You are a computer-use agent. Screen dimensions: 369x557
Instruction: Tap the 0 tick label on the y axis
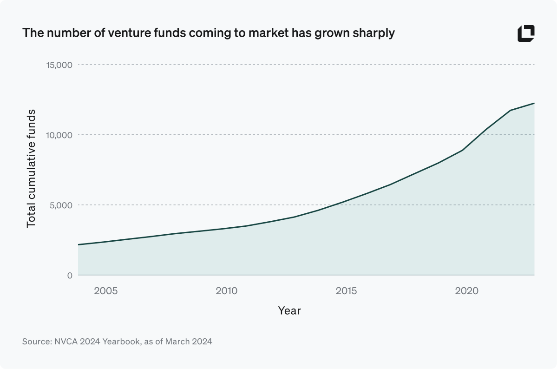(x=69, y=275)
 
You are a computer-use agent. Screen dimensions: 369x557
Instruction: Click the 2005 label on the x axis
(x=105, y=291)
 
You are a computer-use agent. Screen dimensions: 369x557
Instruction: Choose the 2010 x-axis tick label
(x=226, y=291)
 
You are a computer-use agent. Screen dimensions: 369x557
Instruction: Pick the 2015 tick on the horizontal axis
(x=346, y=291)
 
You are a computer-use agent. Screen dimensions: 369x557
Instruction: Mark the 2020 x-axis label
(x=466, y=291)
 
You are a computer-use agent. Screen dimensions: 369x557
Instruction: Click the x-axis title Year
(x=289, y=311)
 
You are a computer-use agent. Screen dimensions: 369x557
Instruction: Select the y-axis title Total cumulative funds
(x=31, y=169)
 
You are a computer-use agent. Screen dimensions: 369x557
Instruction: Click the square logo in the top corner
(x=526, y=33)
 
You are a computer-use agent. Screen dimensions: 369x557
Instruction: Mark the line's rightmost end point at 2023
(x=534, y=103)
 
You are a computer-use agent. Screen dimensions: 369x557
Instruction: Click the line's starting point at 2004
(x=79, y=244)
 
